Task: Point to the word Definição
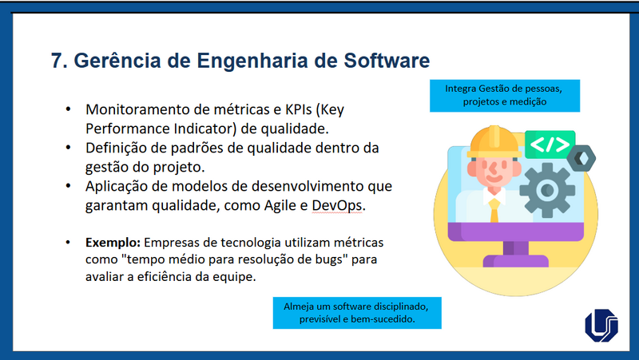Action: (x=118, y=148)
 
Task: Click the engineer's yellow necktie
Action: (x=495, y=209)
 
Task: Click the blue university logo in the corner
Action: (x=601, y=326)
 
